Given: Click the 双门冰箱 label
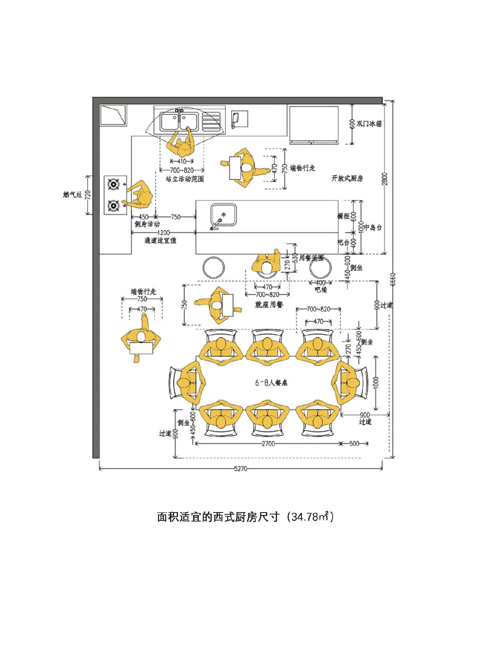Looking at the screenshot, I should [369, 124].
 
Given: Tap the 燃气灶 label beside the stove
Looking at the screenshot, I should [73, 195].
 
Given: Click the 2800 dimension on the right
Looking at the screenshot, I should [385, 179].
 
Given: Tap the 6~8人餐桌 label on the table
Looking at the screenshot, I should [271, 382].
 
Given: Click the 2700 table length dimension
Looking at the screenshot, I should [268, 444].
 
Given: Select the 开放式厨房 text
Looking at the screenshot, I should [347, 178].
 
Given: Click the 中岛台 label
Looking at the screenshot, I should [372, 227].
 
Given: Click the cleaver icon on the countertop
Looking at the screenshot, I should [235, 119].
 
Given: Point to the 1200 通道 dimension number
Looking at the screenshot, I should [163, 233].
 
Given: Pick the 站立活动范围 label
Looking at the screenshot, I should [185, 179].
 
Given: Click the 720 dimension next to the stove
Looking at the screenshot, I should [88, 195].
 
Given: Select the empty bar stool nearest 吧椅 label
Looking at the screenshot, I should [320, 268].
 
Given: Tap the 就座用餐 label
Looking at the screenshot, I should [269, 305].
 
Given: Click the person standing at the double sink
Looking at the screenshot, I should [181, 145].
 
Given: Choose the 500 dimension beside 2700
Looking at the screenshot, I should [354, 444].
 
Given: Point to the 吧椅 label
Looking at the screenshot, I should [321, 290].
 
